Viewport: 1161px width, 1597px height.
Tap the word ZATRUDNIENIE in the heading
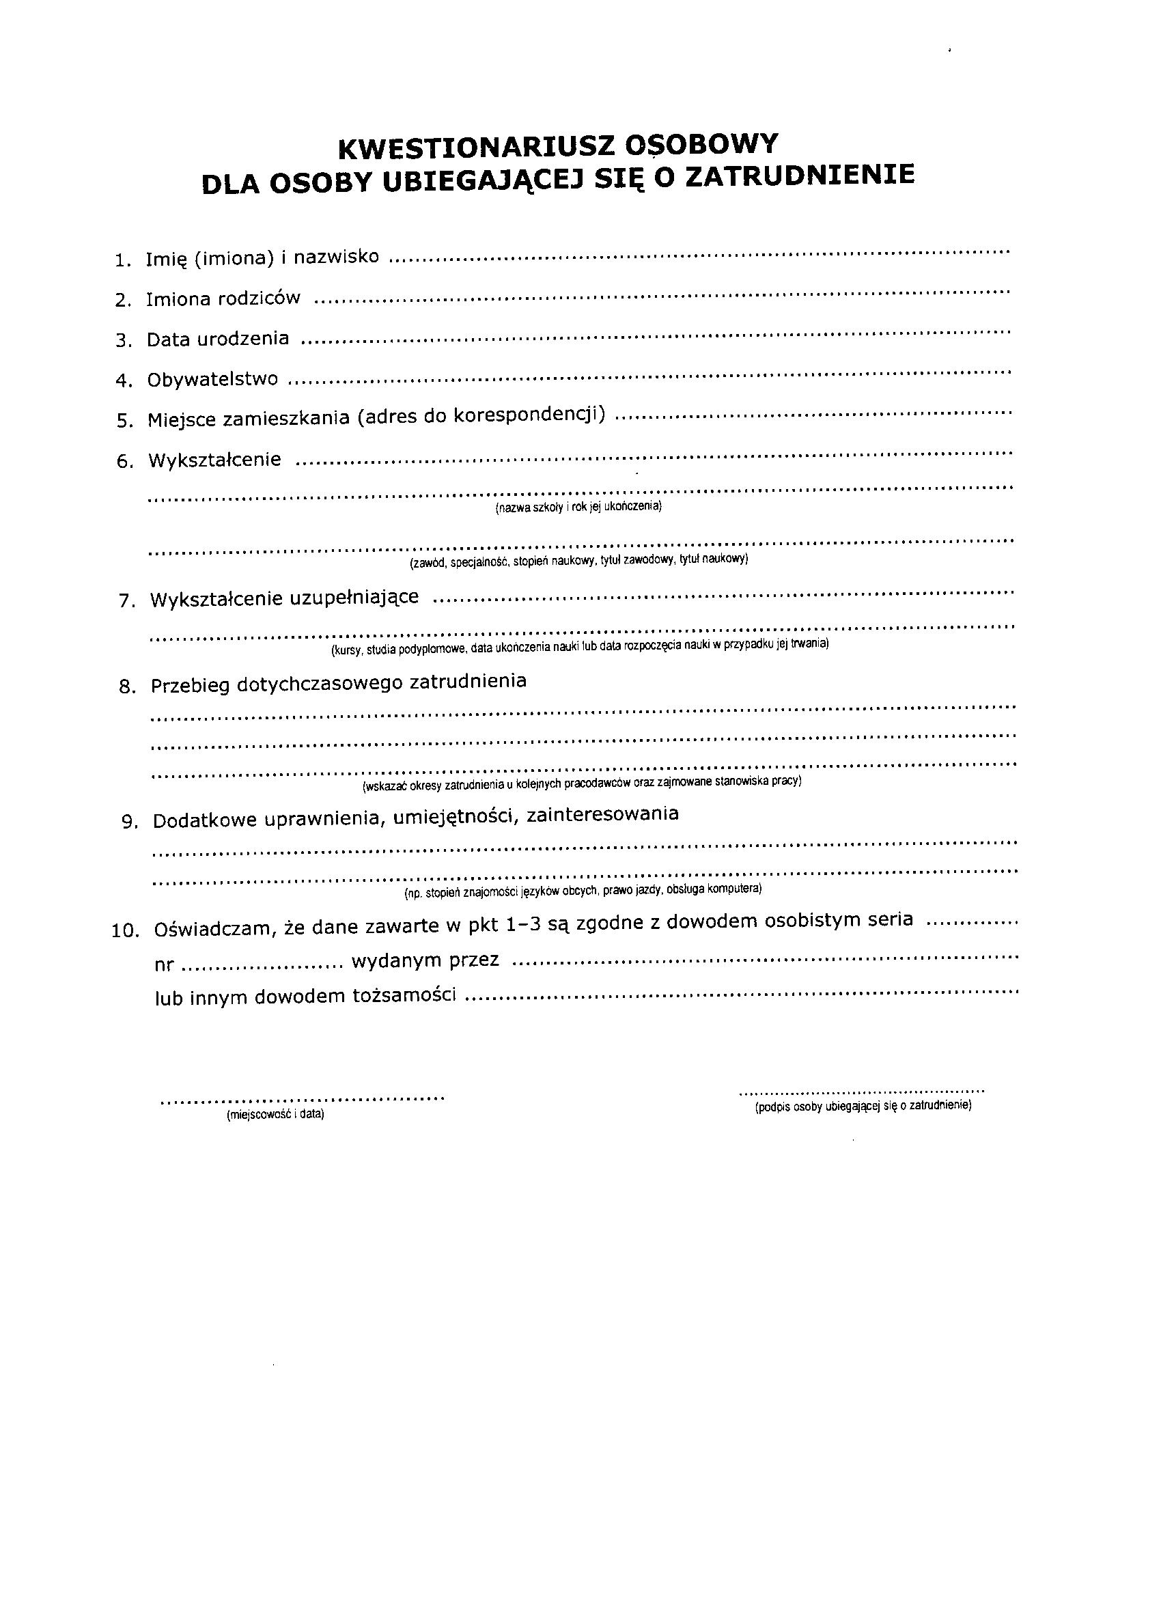point(800,176)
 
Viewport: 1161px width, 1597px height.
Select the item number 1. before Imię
point(123,260)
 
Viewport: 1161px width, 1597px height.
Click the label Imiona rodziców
point(223,299)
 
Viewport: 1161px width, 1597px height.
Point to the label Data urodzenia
point(218,339)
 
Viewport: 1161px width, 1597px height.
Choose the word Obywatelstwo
point(212,380)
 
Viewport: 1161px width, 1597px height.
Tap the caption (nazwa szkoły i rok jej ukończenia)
point(578,507)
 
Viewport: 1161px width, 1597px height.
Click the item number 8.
point(128,687)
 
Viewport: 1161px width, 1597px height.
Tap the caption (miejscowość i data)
point(275,1115)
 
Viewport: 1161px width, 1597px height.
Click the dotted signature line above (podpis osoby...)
point(861,1092)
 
